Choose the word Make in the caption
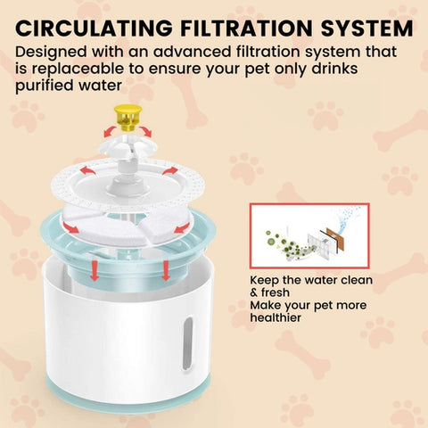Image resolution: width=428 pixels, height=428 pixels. point(267,304)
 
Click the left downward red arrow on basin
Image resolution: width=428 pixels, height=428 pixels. point(94,268)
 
